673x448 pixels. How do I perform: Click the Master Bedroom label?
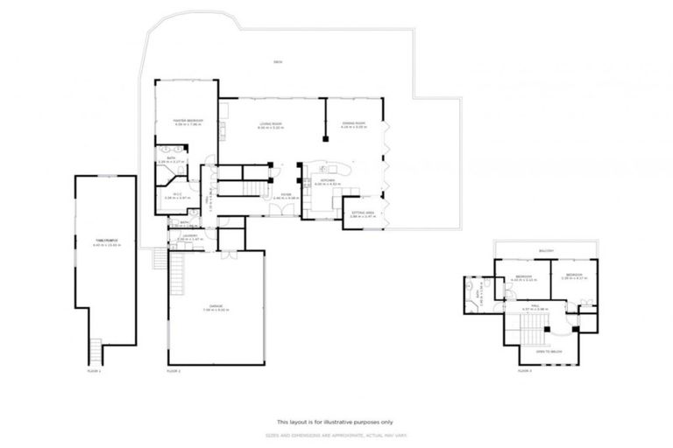[x=186, y=122]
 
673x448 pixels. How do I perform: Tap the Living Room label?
[x=271, y=125]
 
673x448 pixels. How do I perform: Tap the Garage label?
[x=216, y=308]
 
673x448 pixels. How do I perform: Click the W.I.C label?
[x=177, y=195]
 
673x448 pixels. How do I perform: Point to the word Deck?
[x=277, y=62]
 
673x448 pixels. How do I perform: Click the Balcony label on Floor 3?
[x=546, y=250]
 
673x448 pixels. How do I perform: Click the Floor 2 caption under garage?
[x=174, y=371]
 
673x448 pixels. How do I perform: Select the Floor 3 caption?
[x=524, y=371]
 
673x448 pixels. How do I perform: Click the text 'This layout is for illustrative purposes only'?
[x=336, y=420]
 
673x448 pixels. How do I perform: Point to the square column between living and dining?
[x=326, y=136]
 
